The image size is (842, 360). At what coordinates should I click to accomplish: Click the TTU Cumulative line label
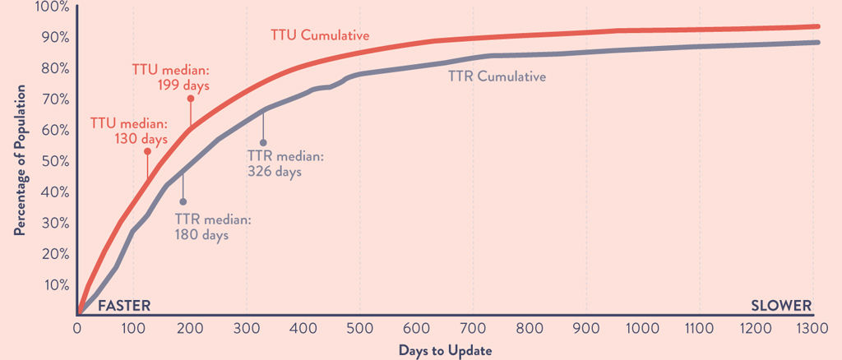click(x=320, y=35)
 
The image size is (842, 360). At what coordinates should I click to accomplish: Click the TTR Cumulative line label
click(x=497, y=76)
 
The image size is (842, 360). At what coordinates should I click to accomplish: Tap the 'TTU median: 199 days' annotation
click(x=171, y=76)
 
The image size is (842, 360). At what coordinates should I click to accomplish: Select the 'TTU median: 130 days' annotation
click(x=129, y=131)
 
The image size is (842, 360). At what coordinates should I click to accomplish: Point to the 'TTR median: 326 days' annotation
click(x=286, y=164)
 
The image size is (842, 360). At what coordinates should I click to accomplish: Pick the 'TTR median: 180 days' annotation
click(x=213, y=227)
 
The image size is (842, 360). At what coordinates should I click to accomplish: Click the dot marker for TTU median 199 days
click(x=190, y=99)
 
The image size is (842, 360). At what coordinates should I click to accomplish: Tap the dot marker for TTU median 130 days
click(x=147, y=151)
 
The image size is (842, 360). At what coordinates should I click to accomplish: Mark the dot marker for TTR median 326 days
click(x=263, y=143)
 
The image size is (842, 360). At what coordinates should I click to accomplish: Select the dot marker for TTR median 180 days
click(x=183, y=201)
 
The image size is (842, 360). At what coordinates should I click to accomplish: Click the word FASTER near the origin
click(x=124, y=306)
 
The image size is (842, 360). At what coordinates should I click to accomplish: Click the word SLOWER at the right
click(x=781, y=306)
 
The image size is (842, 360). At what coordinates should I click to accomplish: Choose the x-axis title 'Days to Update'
click(x=446, y=350)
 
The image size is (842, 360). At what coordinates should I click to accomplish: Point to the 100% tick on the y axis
click(x=53, y=7)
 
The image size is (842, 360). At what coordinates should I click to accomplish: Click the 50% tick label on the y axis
click(x=56, y=161)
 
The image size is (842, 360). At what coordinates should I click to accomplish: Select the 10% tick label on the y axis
click(x=56, y=284)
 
